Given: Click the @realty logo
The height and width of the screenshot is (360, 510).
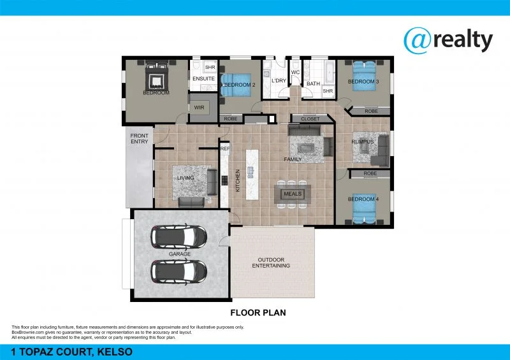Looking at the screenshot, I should pos(448,40).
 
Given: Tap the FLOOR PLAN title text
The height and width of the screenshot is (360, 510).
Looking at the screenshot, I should pos(257,313).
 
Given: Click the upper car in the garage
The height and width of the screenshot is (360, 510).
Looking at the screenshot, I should pos(179,236).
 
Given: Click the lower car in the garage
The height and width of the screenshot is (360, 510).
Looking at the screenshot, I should pos(179,271).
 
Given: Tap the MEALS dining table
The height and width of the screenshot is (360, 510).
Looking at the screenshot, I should pos(293,194).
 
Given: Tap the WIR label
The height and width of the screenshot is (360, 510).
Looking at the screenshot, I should pos(199,108).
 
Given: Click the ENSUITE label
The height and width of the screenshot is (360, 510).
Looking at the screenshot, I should pos(203,79).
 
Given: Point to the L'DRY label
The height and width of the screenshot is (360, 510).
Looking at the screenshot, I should pos(278,82).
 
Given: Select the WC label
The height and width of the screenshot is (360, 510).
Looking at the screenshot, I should pos(295,73).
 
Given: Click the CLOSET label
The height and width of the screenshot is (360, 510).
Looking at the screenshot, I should pos(310,119).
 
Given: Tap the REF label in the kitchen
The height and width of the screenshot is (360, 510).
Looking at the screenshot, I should pos(224,148).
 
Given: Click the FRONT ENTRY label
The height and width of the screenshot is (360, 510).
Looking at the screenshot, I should pos(139,138).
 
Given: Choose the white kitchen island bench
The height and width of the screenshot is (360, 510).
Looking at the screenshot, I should pos(251,172).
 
